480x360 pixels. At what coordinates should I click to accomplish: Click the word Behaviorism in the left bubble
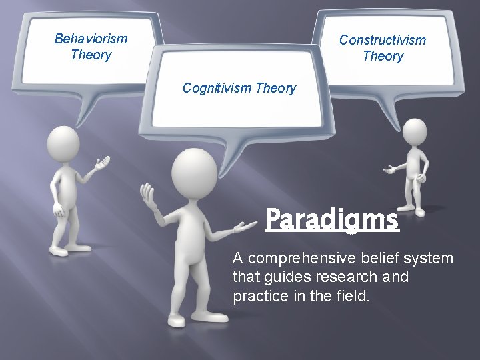pos(91,39)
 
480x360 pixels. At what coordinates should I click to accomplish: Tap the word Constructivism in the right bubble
pos(382,40)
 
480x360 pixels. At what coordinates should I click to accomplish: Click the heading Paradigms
pos(331,219)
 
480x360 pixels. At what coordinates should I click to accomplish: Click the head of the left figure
pos(62,143)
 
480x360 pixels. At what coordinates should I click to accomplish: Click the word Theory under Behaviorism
pos(91,55)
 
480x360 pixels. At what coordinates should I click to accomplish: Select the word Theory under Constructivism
pos(383,56)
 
